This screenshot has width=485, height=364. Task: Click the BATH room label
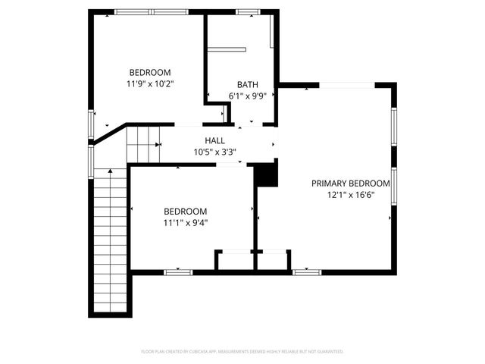pyautogui.click(x=247, y=85)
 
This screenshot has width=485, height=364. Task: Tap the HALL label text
pyautogui.click(x=214, y=140)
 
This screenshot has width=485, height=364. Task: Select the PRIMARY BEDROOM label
pyautogui.click(x=351, y=184)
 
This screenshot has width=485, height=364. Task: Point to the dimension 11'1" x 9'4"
pyautogui.click(x=185, y=223)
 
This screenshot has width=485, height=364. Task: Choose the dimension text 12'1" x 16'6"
pyautogui.click(x=351, y=195)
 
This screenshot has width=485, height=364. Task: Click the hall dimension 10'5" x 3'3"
pyautogui.click(x=214, y=152)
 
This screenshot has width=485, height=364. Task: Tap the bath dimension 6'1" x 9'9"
pyautogui.click(x=247, y=96)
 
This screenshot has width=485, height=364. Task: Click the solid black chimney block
pyautogui.click(x=265, y=175)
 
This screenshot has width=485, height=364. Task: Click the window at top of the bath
pyautogui.click(x=247, y=12)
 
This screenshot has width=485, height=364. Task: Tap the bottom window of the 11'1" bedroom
pyautogui.click(x=178, y=271)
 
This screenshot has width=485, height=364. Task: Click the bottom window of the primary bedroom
pyautogui.click(x=307, y=271)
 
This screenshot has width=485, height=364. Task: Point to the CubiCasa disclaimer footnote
pyautogui.click(x=242, y=352)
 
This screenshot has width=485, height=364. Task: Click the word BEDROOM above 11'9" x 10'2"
pyautogui.click(x=149, y=73)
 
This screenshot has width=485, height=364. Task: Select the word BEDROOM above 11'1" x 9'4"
pyautogui.click(x=185, y=212)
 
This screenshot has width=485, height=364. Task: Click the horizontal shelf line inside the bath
pyautogui.click(x=227, y=49)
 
